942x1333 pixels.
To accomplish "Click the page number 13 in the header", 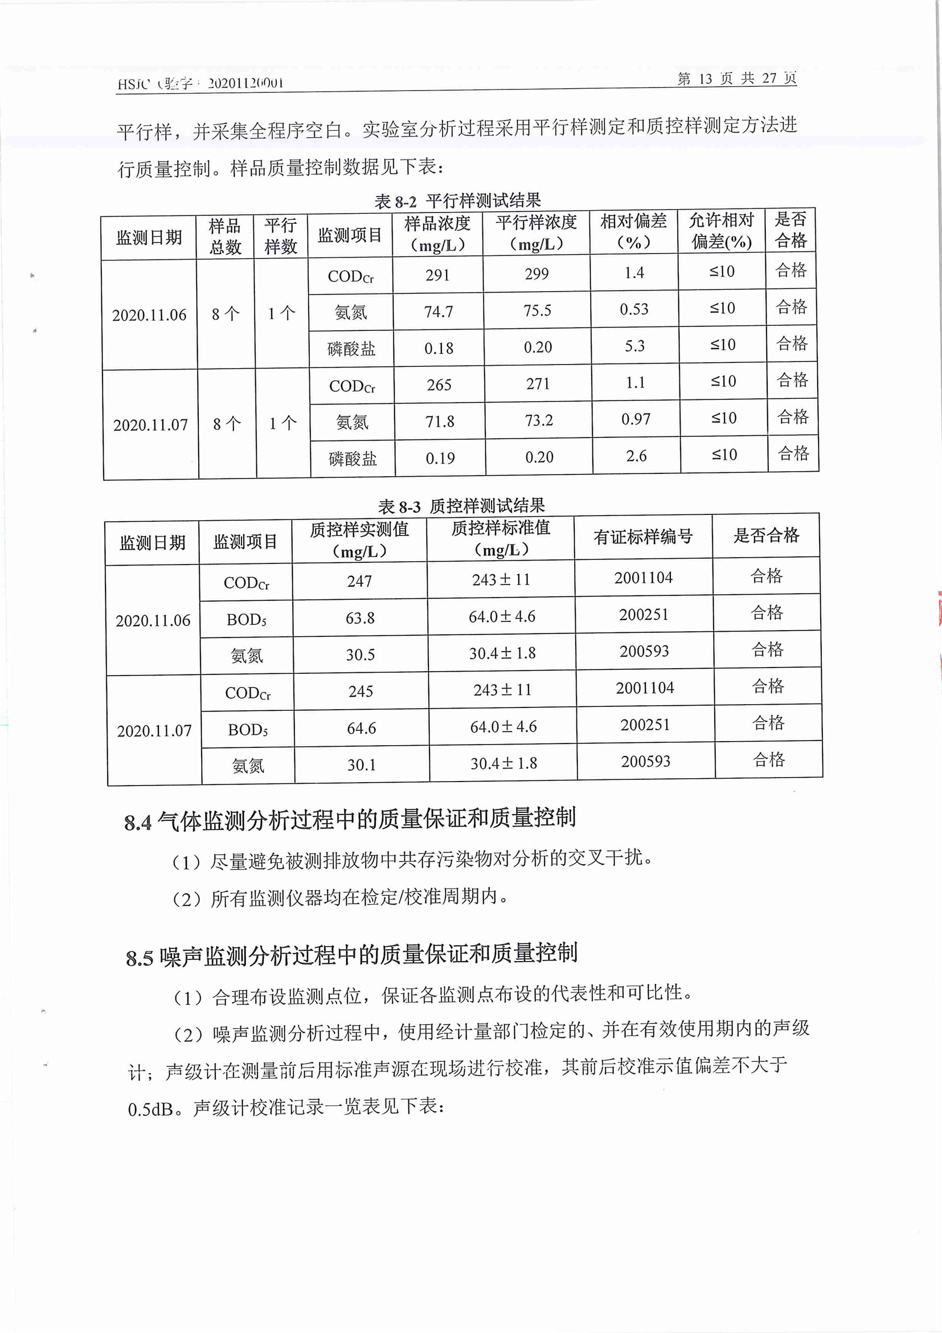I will coord(705,79).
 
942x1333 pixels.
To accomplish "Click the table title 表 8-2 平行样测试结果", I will coord(457,201).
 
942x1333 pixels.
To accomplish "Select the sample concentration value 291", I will coord(437,275).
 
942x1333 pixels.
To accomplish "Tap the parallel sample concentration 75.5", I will coord(537,310).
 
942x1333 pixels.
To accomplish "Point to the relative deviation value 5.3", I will coord(634,346).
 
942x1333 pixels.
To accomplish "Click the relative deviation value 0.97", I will coord(636,419).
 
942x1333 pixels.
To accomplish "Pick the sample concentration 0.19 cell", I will coord(440,459).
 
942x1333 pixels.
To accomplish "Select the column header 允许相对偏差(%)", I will coord(722,231).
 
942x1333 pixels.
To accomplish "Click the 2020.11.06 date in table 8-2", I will coord(149,315).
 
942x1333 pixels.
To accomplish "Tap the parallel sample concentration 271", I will coord(538,384).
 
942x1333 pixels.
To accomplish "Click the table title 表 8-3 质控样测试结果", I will coord(461,506).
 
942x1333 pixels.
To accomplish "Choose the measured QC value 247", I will coord(359,581).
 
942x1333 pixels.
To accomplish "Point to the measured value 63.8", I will coord(360,618).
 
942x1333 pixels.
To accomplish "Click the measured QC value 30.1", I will coord(362,765).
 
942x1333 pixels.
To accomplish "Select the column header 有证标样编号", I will coord(643,537).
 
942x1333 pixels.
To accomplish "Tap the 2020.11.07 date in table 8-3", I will coord(154,731).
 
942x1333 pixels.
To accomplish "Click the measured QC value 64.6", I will coord(361,728).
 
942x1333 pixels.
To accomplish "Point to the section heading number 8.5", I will coord(140,959).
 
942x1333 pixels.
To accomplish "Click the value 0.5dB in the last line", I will coord(150,1110).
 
